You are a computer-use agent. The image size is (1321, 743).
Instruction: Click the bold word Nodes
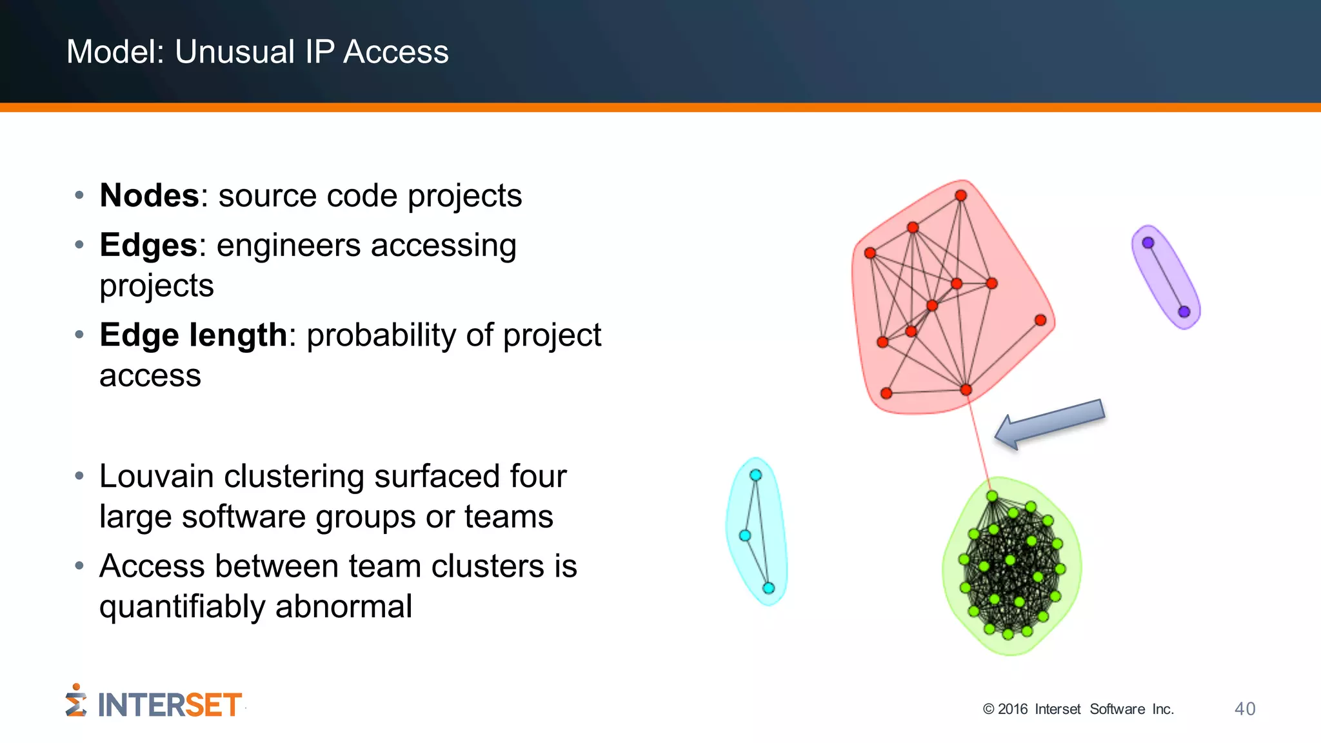[x=149, y=195]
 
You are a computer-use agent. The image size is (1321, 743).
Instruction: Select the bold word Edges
[x=148, y=245]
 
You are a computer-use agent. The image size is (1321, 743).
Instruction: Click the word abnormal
[x=343, y=606]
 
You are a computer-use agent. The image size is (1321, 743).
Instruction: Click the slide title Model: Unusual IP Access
[x=257, y=52]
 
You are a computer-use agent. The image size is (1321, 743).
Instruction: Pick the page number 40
[x=1244, y=709]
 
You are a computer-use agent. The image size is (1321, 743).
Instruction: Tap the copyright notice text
[x=1078, y=709]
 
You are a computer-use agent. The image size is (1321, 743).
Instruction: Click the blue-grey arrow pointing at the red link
[x=1050, y=423]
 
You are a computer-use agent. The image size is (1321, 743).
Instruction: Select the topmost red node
[x=960, y=195]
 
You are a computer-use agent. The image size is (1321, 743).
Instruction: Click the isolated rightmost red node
[x=1040, y=321]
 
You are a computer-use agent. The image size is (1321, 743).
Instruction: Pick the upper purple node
[x=1148, y=243]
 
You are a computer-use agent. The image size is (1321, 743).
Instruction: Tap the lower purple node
[x=1184, y=312]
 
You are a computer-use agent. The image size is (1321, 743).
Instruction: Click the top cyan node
[x=755, y=475]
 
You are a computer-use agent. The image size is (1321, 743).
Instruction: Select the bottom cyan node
[x=768, y=588]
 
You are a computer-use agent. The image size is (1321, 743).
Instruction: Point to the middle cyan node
[x=745, y=535]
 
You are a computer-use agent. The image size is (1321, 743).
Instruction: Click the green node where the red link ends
[x=992, y=496]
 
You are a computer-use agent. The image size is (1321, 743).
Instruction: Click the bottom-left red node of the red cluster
[x=886, y=393]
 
